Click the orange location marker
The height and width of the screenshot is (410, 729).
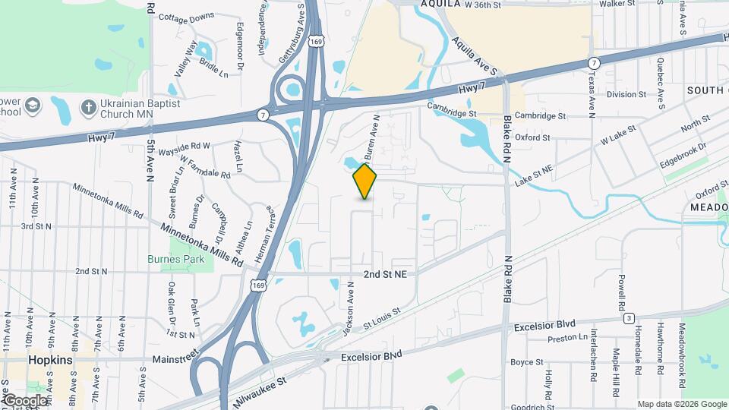pos(365,181)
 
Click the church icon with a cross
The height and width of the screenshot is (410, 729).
pos(88,107)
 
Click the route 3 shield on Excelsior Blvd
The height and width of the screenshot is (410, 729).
pos(629,318)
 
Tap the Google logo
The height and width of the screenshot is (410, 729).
pos(24,400)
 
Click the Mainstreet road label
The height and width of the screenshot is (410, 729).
pos(175,357)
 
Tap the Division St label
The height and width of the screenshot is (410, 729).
pos(626,95)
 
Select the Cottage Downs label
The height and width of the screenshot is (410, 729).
pos(187,17)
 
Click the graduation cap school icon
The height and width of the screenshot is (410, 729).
pos(33,106)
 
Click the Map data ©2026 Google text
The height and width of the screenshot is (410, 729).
pos(681,404)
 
